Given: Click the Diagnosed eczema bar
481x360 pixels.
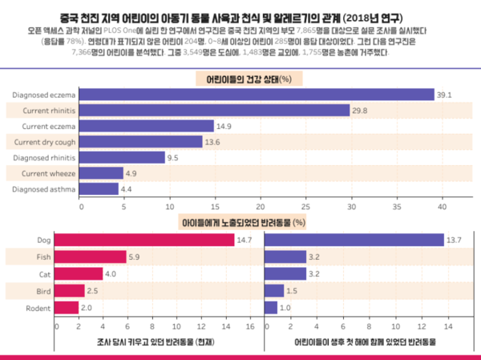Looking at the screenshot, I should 257,95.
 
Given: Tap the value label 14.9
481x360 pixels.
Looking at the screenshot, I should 224,126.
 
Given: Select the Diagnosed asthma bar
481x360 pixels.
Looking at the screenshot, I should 99,188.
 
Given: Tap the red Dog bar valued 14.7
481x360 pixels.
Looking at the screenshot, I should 145,240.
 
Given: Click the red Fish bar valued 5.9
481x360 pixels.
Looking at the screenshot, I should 91,257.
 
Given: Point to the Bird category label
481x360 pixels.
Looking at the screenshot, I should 44,290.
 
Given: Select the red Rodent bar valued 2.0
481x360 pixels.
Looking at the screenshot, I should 67,307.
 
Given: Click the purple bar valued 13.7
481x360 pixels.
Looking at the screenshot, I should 354,240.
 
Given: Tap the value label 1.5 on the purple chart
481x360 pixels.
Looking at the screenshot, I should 292,290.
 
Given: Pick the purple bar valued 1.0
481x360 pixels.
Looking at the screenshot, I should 271,307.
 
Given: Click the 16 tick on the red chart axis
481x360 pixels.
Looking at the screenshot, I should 250,326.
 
